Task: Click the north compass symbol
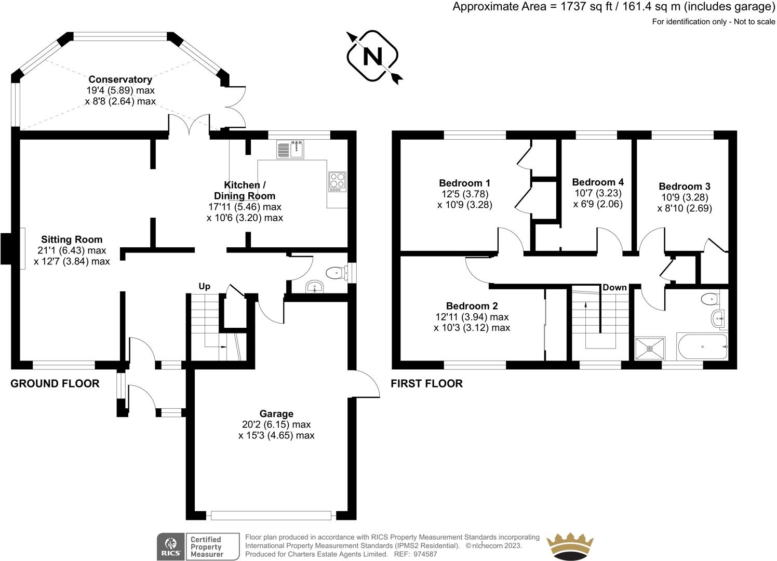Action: [x=372, y=56]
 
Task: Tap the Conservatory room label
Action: [x=120, y=79]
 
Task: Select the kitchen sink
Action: [x=290, y=150]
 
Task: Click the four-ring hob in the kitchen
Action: [x=337, y=181]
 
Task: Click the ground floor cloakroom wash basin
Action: [x=314, y=286]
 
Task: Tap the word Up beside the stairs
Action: [x=205, y=286]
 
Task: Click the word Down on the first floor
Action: [x=614, y=288]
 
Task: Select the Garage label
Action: [x=276, y=414]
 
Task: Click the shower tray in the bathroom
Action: [x=650, y=349]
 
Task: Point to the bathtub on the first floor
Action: [x=702, y=347]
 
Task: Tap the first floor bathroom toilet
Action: [x=709, y=299]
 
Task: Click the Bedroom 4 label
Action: [x=598, y=182]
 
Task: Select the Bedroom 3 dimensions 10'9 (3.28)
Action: [x=684, y=197]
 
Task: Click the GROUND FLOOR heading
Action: [x=55, y=384]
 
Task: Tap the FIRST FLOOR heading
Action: [x=426, y=384]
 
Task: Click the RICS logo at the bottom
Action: [x=170, y=547]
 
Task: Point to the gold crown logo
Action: [x=570, y=545]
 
